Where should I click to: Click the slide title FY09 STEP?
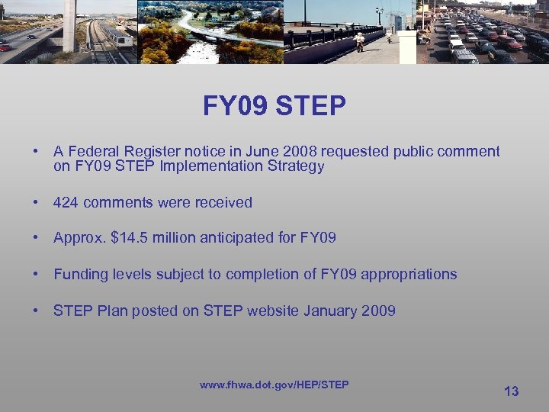tap(274, 106)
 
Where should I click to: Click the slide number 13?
tap(511, 391)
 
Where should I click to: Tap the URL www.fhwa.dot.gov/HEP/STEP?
tap(274, 385)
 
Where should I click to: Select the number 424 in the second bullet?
tap(66, 202)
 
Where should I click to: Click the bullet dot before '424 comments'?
tap(36, 202)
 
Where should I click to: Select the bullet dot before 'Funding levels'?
tap(36, 274)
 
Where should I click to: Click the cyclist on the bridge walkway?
tap(358, 40)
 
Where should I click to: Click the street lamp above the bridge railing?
tap(379, 13)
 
